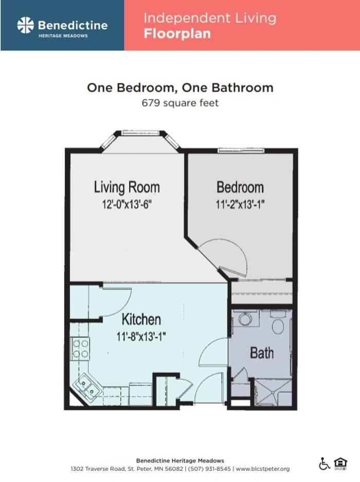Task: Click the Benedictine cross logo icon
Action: tap(26, 25)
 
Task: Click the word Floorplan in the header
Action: tap(177, 33)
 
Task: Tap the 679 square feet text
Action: tap(180, 103)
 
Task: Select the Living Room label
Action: tap(127, 187)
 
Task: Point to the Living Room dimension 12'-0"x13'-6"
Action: tap(127, 204)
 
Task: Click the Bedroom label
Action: tap(240, 187)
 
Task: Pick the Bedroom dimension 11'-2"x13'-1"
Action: tap(240, 204)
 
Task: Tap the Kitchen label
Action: tap(141, 319)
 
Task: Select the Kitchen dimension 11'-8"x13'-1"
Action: tap(141, 336)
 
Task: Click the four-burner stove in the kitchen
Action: tap(80, 349)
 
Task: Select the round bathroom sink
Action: tap(245, 319)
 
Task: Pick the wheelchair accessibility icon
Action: tap(324, 464)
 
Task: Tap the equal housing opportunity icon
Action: tap(340, 464)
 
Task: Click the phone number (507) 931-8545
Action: tap(209, 469)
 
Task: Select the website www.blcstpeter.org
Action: tap(263, 469)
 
